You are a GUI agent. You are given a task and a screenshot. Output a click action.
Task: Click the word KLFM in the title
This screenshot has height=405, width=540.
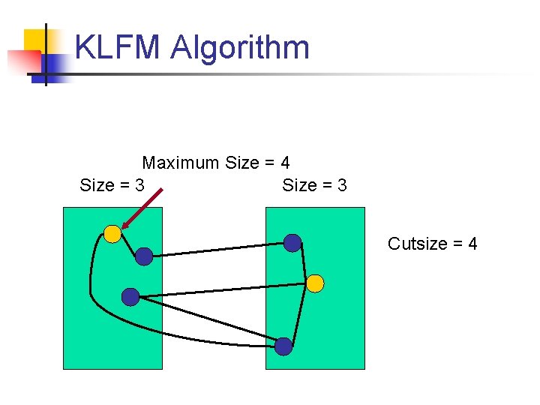(117, 48)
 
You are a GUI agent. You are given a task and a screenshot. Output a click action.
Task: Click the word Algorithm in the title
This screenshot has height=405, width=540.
(240, 48)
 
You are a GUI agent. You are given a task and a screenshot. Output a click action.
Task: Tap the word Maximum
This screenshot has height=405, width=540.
(181, 163)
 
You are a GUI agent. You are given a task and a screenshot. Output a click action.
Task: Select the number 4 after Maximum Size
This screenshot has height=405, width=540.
(285, 163)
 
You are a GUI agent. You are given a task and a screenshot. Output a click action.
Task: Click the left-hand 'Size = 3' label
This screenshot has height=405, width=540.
(112, 185)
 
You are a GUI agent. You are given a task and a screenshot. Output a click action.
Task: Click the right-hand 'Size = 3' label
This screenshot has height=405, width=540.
(314, 185)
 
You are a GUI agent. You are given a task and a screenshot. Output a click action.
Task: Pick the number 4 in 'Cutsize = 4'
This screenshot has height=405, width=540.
(472, 244)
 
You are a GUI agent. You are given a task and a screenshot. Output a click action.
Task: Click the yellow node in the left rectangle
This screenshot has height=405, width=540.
(112, 234)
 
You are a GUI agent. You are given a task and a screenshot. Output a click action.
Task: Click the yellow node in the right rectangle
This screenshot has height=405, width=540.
(316, 283)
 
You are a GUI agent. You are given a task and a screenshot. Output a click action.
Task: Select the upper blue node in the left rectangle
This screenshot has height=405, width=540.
(143, 256)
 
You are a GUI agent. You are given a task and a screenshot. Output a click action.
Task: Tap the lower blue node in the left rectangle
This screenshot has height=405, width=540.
(130, 297)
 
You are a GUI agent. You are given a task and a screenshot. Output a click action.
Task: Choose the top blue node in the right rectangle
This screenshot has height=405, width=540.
(292, 242)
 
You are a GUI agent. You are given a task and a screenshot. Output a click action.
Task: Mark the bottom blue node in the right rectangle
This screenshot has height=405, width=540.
(283, 346)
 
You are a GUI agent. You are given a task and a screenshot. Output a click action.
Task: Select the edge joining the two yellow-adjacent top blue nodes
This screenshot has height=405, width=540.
(217, 250)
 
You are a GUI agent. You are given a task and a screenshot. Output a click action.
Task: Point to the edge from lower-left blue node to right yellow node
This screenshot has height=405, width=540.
(225, 290)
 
